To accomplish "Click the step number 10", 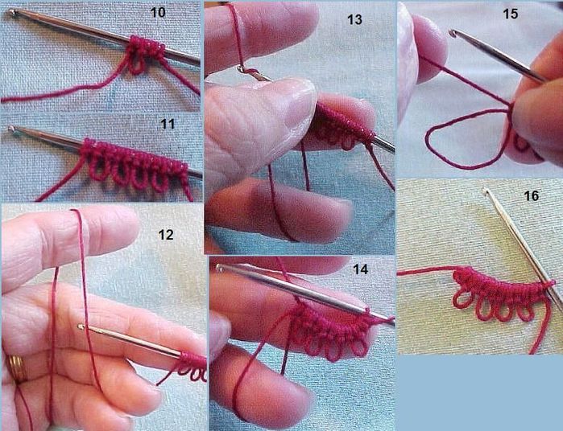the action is click(x=158, y=13).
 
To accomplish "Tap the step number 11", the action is click(x=168, y=124).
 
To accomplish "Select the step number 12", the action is click(x=166, y=235).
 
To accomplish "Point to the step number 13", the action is click(x=354, y=20).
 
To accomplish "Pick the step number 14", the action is click(x=361, y=269).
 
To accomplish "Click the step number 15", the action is click(x=510, y=14).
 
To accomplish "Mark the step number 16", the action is click(x=532, y=195).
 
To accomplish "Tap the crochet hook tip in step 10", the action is click(x=12, y=13).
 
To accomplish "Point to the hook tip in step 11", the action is click(x=11, y=129).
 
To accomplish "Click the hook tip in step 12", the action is click(x=81, y=326).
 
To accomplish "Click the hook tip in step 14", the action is click(x=220, y=267).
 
